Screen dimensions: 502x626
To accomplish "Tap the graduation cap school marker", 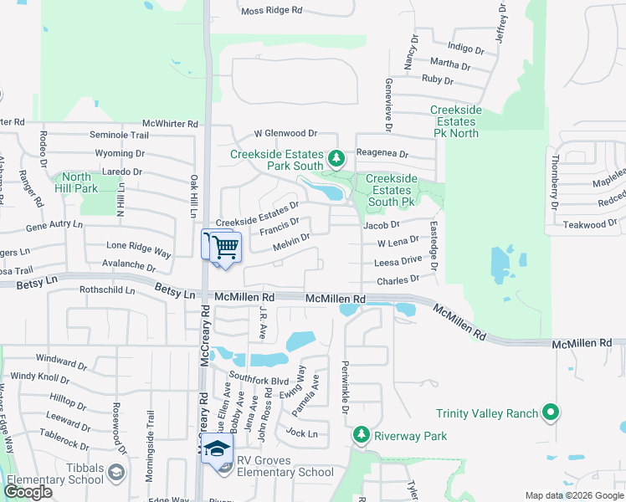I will (218, 449).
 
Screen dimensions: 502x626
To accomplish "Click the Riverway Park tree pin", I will (362, 434).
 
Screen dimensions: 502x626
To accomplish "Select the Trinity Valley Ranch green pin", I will (550, 412).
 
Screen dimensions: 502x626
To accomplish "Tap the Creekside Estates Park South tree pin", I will (336, 157).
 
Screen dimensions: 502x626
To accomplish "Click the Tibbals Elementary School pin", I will (116, 474).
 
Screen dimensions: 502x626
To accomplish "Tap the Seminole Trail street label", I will (119, 135).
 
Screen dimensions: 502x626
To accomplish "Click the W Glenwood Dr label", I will (285, 133).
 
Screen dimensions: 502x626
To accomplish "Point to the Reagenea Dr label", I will (382, 154).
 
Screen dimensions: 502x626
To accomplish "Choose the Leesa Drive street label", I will (398, 261).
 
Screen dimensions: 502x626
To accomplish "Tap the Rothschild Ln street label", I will (106, 290).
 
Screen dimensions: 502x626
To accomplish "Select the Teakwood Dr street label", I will (590, 224).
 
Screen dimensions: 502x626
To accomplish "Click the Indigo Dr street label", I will (467, 49).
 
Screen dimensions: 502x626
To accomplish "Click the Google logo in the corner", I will (28, 492).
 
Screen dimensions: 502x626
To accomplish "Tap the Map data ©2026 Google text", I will (573, 495).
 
